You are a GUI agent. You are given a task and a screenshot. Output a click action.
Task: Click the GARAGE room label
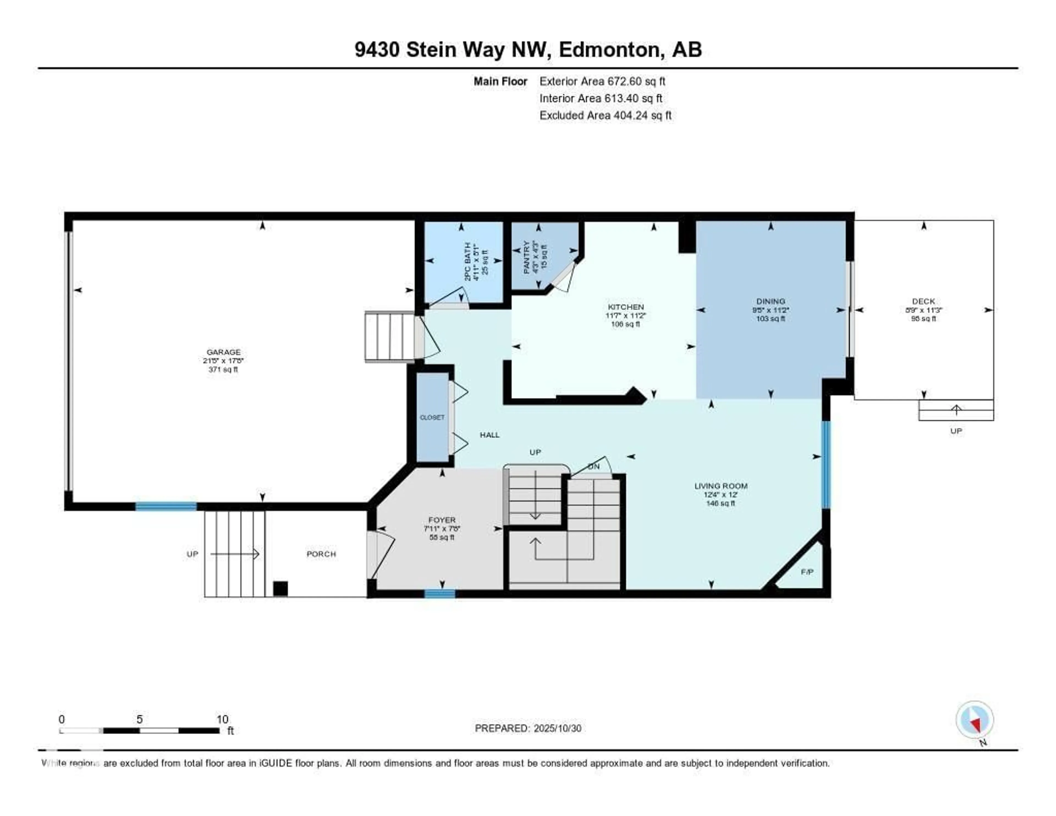(x=223, y=352)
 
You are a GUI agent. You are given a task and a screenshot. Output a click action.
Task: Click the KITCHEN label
(x=626, y=307)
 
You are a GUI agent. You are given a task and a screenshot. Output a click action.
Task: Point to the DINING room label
(x=771, y=301)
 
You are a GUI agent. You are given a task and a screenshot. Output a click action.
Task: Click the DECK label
(x=923, y=301)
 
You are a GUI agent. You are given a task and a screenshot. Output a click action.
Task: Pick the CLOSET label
(x=432, y=417)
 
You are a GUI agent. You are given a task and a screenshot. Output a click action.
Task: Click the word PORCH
(x=321, y=554)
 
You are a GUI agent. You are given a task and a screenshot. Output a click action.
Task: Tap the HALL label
(x=489, y=435)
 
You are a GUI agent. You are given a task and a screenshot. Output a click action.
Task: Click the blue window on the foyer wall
(x=439, y=593)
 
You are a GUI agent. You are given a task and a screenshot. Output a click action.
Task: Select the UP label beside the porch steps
(x=193, y=554)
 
